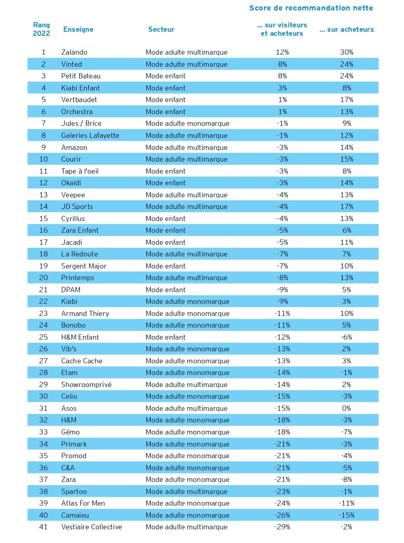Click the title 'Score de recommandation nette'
[x=311, y=8]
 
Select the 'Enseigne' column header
[x=78, y=29]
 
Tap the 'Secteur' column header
[x=161, y=29]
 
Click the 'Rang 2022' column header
[x=41, y=29]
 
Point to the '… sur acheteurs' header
[x=346, y=29]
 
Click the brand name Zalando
[x=74, y=52]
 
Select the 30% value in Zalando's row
[x=346, y=52]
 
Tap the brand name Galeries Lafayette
[x=90, y=135]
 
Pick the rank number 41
[x=43, y=527]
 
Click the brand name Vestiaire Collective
[x=91, y=527]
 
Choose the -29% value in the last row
[x=282, y=527]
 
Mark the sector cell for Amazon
[x=186, y=148]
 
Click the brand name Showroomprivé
[x=86, y=385]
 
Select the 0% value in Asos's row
[x=346, y=408]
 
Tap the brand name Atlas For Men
[x=83, y=503]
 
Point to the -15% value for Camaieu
[x=346, y=515]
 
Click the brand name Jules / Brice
[x=81, y=123]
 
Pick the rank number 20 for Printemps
[x=43, y=278]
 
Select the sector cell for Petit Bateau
[x=165, y=76]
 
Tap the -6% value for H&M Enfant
[x=346, y=337]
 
